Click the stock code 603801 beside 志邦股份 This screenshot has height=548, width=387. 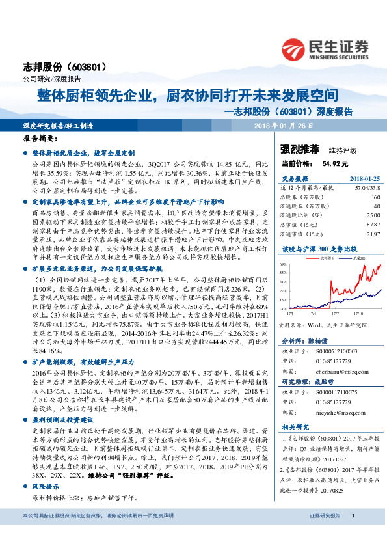[85, 66]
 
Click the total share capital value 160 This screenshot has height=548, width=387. [357, 195]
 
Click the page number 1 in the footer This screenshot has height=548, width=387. [352, 534]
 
